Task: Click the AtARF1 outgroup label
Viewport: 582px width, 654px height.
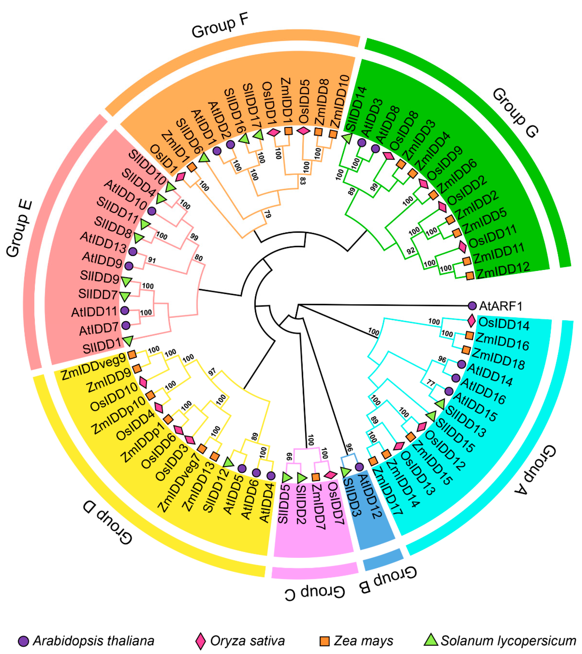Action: [501, 306]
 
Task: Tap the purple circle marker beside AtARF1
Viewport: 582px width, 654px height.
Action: [472, 305]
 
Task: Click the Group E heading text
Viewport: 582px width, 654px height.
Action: [19, 228]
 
